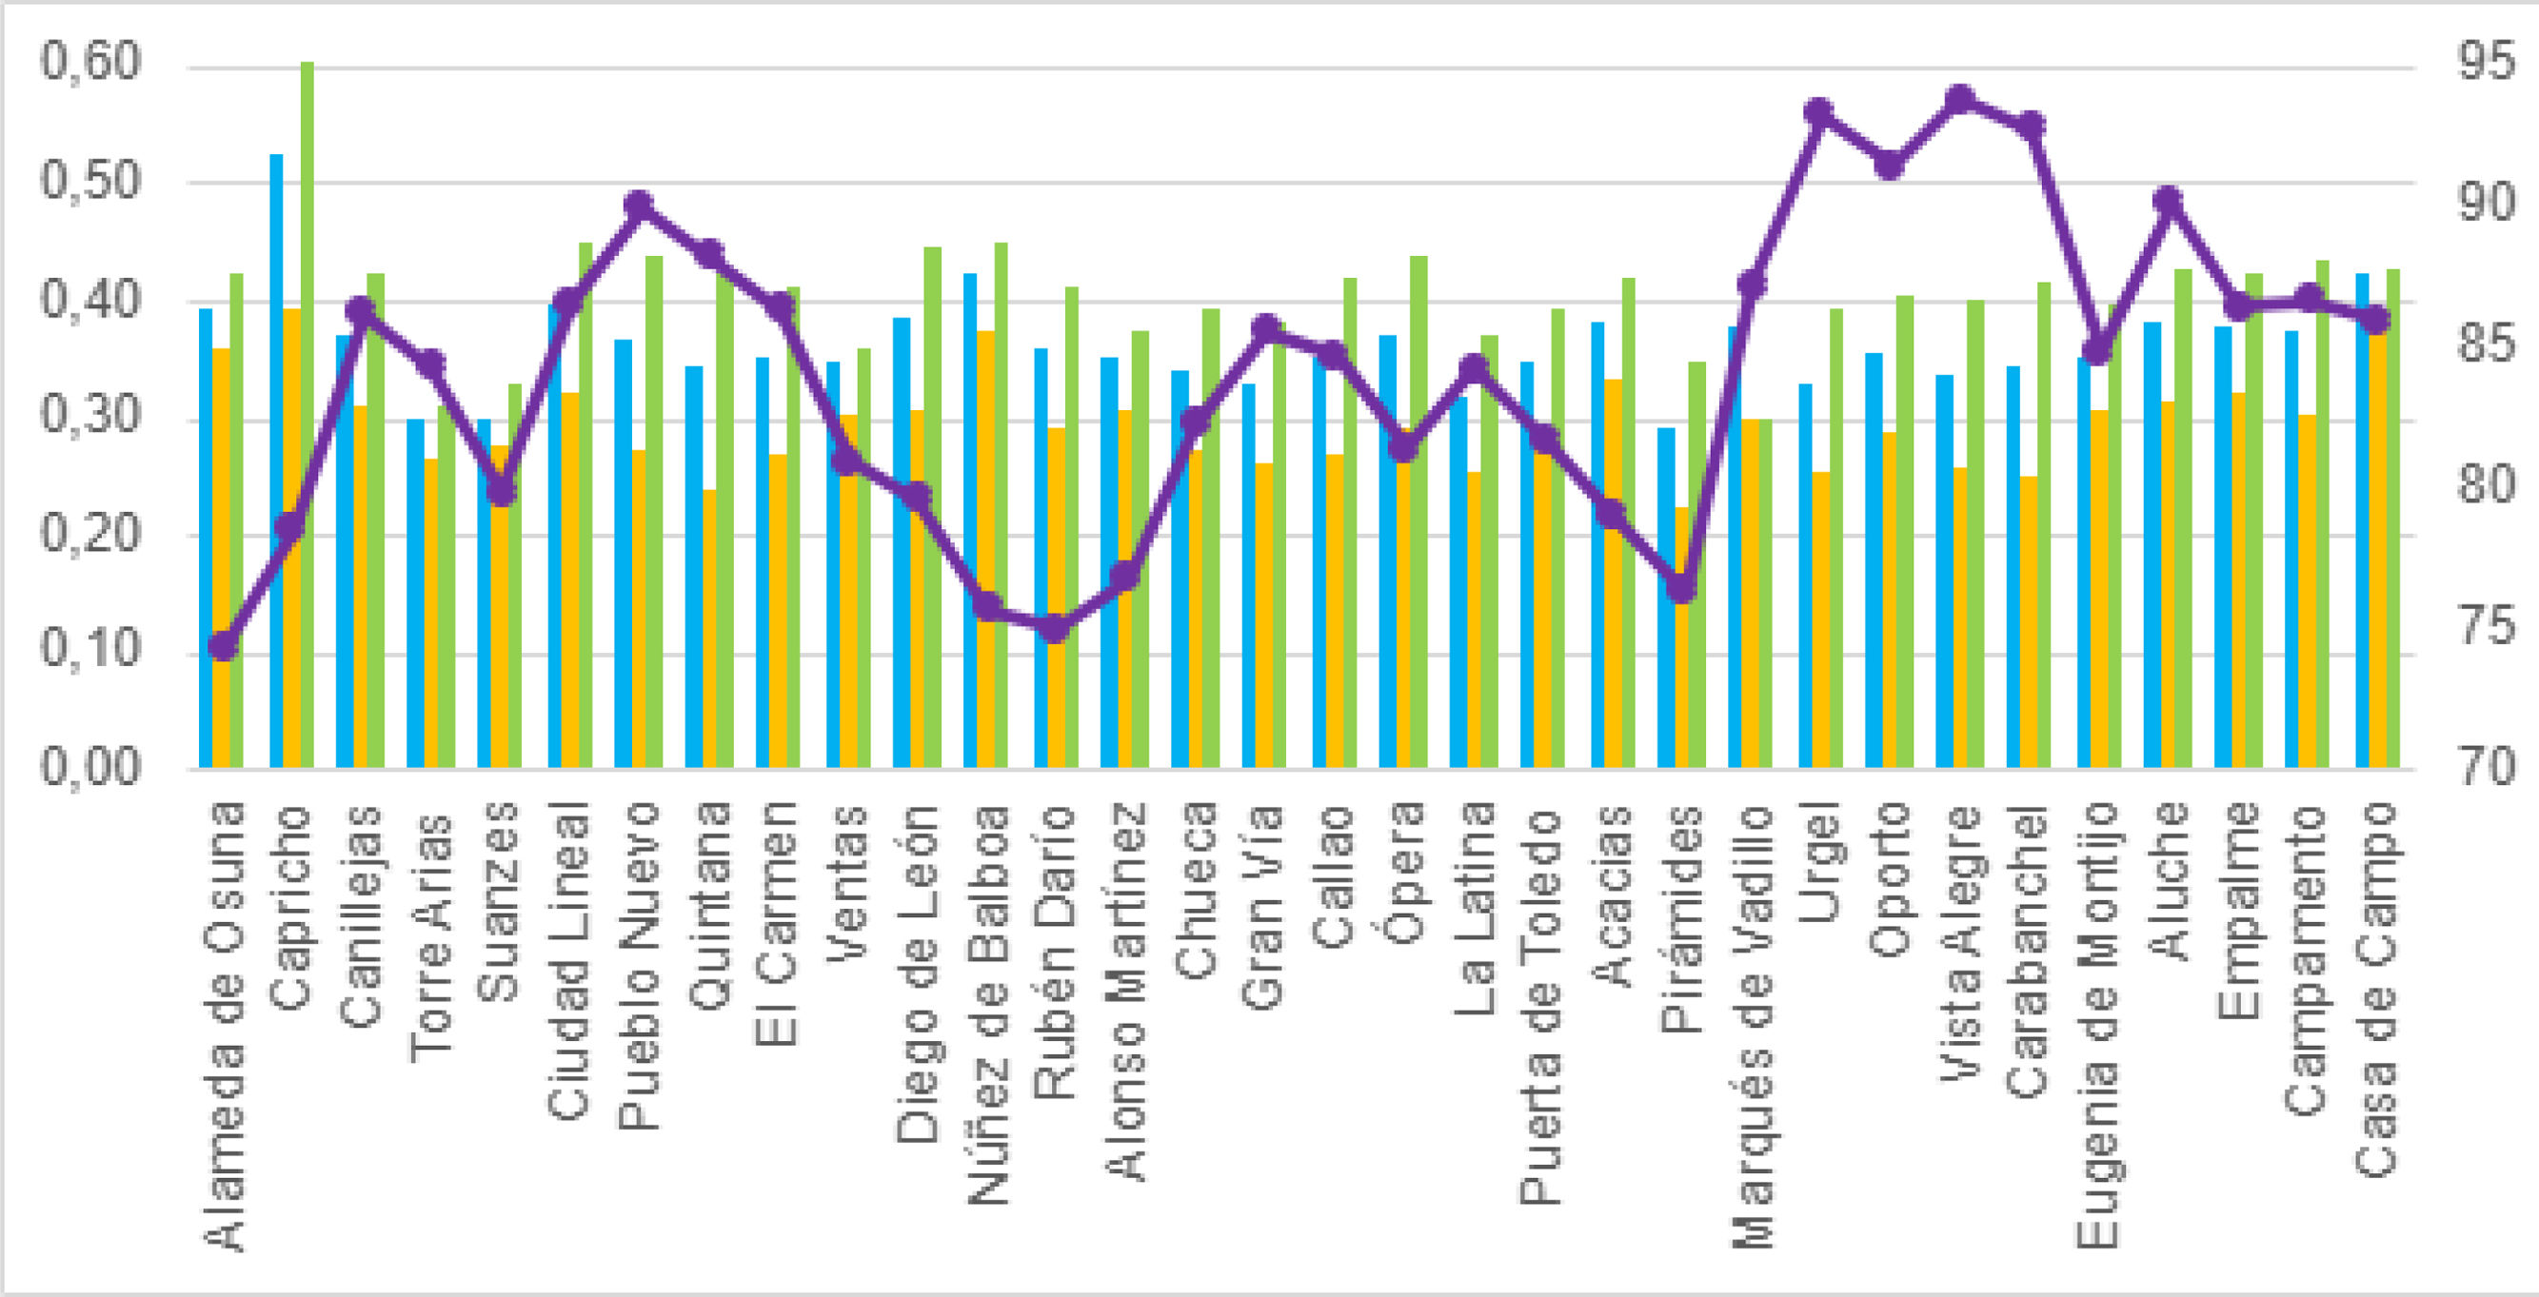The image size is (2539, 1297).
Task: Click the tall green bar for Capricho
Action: pos(307,414)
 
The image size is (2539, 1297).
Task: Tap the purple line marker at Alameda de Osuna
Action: pos(225,645)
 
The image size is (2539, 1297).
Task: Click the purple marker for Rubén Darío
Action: pos(1056,628)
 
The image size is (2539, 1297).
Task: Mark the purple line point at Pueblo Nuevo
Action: pos(640,205)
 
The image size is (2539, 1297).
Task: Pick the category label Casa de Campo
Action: pos(2376,991)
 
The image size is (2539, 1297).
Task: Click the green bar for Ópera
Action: pos(1419,513)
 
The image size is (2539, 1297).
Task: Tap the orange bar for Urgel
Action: pos(1821,620)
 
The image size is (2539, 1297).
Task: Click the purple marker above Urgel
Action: pos(1819,111)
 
